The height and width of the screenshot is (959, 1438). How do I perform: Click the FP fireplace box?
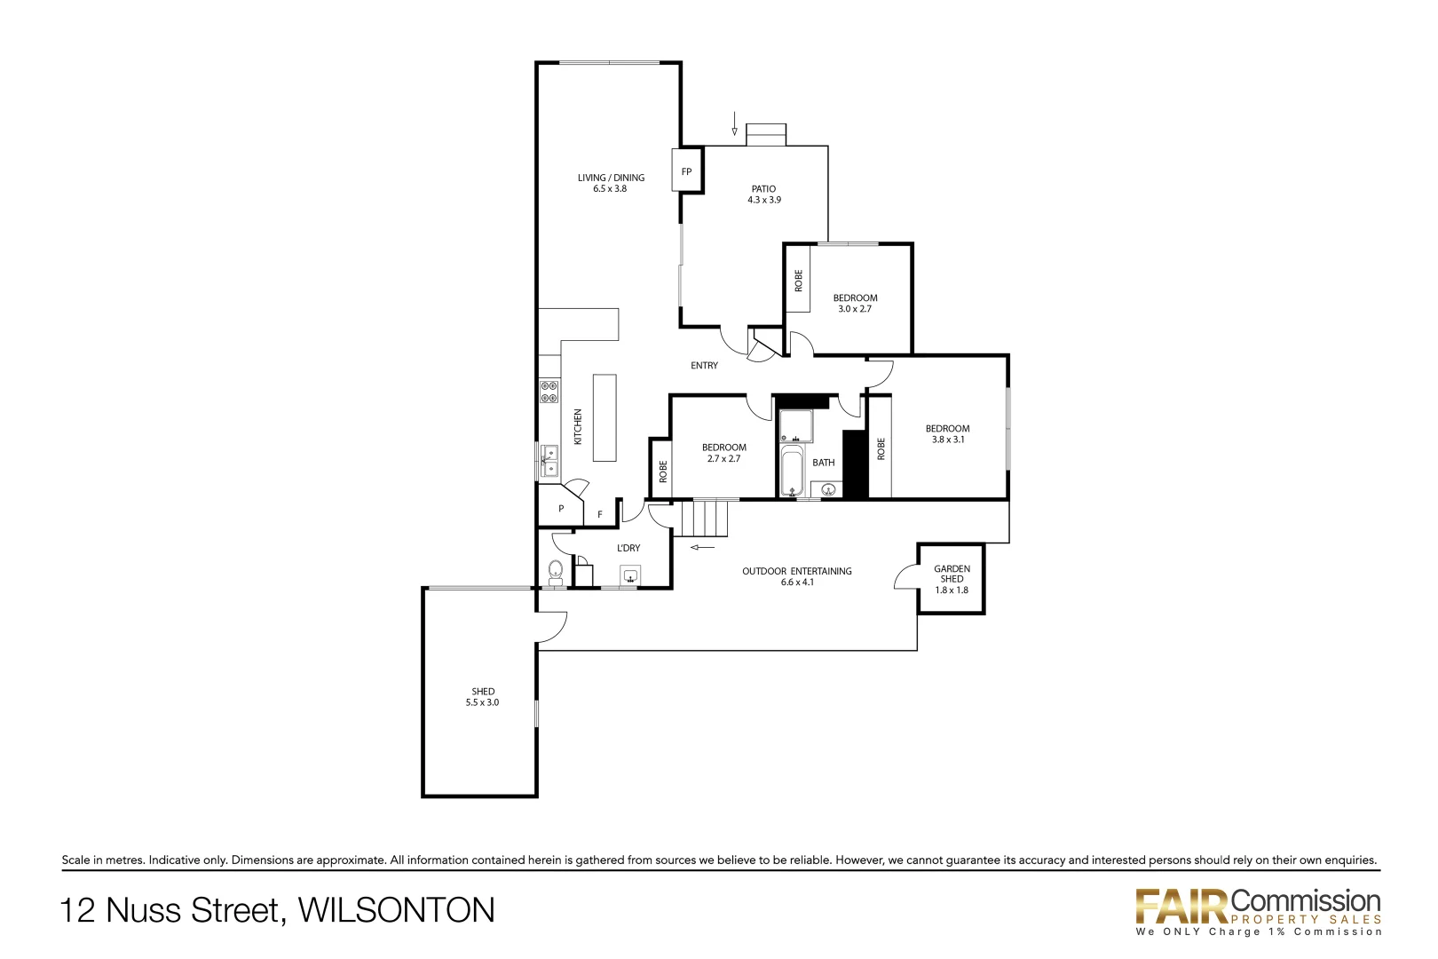coord(686,171)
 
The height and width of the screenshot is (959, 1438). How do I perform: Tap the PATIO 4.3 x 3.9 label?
coord(763,194)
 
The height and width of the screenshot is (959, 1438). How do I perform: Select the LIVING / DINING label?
coord(611,183)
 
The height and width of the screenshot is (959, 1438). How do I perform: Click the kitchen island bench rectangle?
coord(604,417)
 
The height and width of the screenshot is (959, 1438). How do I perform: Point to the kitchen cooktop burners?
coord(549,392)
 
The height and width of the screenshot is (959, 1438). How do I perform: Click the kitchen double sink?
coord(549,461)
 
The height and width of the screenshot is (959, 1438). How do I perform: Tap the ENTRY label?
coord(704,366)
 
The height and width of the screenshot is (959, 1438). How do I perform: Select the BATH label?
coord(823,463)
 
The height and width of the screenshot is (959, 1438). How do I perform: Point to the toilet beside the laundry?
coord(556,570)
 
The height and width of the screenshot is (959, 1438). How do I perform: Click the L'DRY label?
coord(628,548)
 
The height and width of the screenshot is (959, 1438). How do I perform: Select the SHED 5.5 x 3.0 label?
coord(483,697)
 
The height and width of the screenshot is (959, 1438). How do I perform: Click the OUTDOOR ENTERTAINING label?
coord(796,576)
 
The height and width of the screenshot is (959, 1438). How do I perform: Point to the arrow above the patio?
coord(734,123)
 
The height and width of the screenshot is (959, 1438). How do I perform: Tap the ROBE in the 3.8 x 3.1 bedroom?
coord(881,448)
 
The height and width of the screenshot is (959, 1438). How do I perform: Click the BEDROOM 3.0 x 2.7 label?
coord(855,304)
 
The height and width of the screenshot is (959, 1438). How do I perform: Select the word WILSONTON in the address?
coord(396,910)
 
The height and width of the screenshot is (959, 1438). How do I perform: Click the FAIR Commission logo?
coord(1258,910)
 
